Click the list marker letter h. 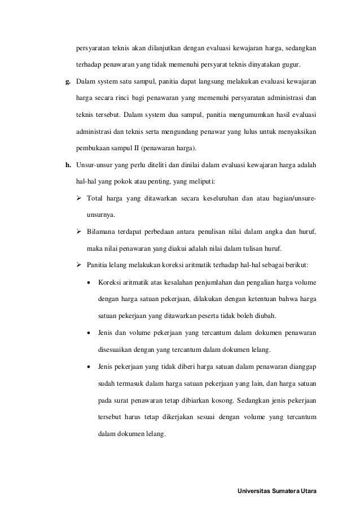click(68, 165)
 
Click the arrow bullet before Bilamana click(80, 232)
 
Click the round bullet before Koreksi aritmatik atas click(89, 282)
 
